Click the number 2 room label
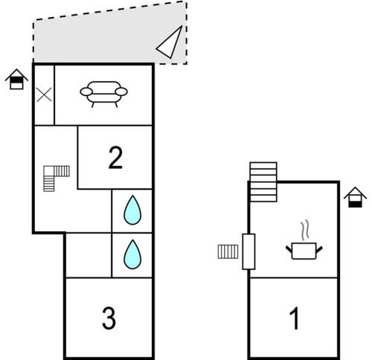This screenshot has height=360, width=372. (115, 158)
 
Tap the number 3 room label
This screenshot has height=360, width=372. (109, 318)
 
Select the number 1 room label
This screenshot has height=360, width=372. (295, 318)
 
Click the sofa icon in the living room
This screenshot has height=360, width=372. (103, 94)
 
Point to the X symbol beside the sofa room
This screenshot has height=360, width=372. (44, 94)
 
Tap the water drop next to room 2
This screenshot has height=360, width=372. (132, 210)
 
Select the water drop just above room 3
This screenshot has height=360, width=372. (132, 254)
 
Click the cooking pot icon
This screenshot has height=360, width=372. (304, 251)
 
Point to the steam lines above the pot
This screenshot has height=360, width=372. (305, 230)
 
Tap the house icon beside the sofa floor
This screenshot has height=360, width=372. (16, 79)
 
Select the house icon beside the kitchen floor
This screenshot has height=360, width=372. (355, 197)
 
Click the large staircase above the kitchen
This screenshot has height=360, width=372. (263, 181)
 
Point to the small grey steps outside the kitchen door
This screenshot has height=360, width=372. (228, 251)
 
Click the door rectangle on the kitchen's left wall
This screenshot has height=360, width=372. (248, 251)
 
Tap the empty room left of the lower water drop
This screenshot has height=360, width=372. (89, 255)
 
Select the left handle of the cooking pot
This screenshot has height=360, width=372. (289, 250)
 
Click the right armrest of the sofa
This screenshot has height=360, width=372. (121, 91)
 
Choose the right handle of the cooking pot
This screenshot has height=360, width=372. (319, 250)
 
